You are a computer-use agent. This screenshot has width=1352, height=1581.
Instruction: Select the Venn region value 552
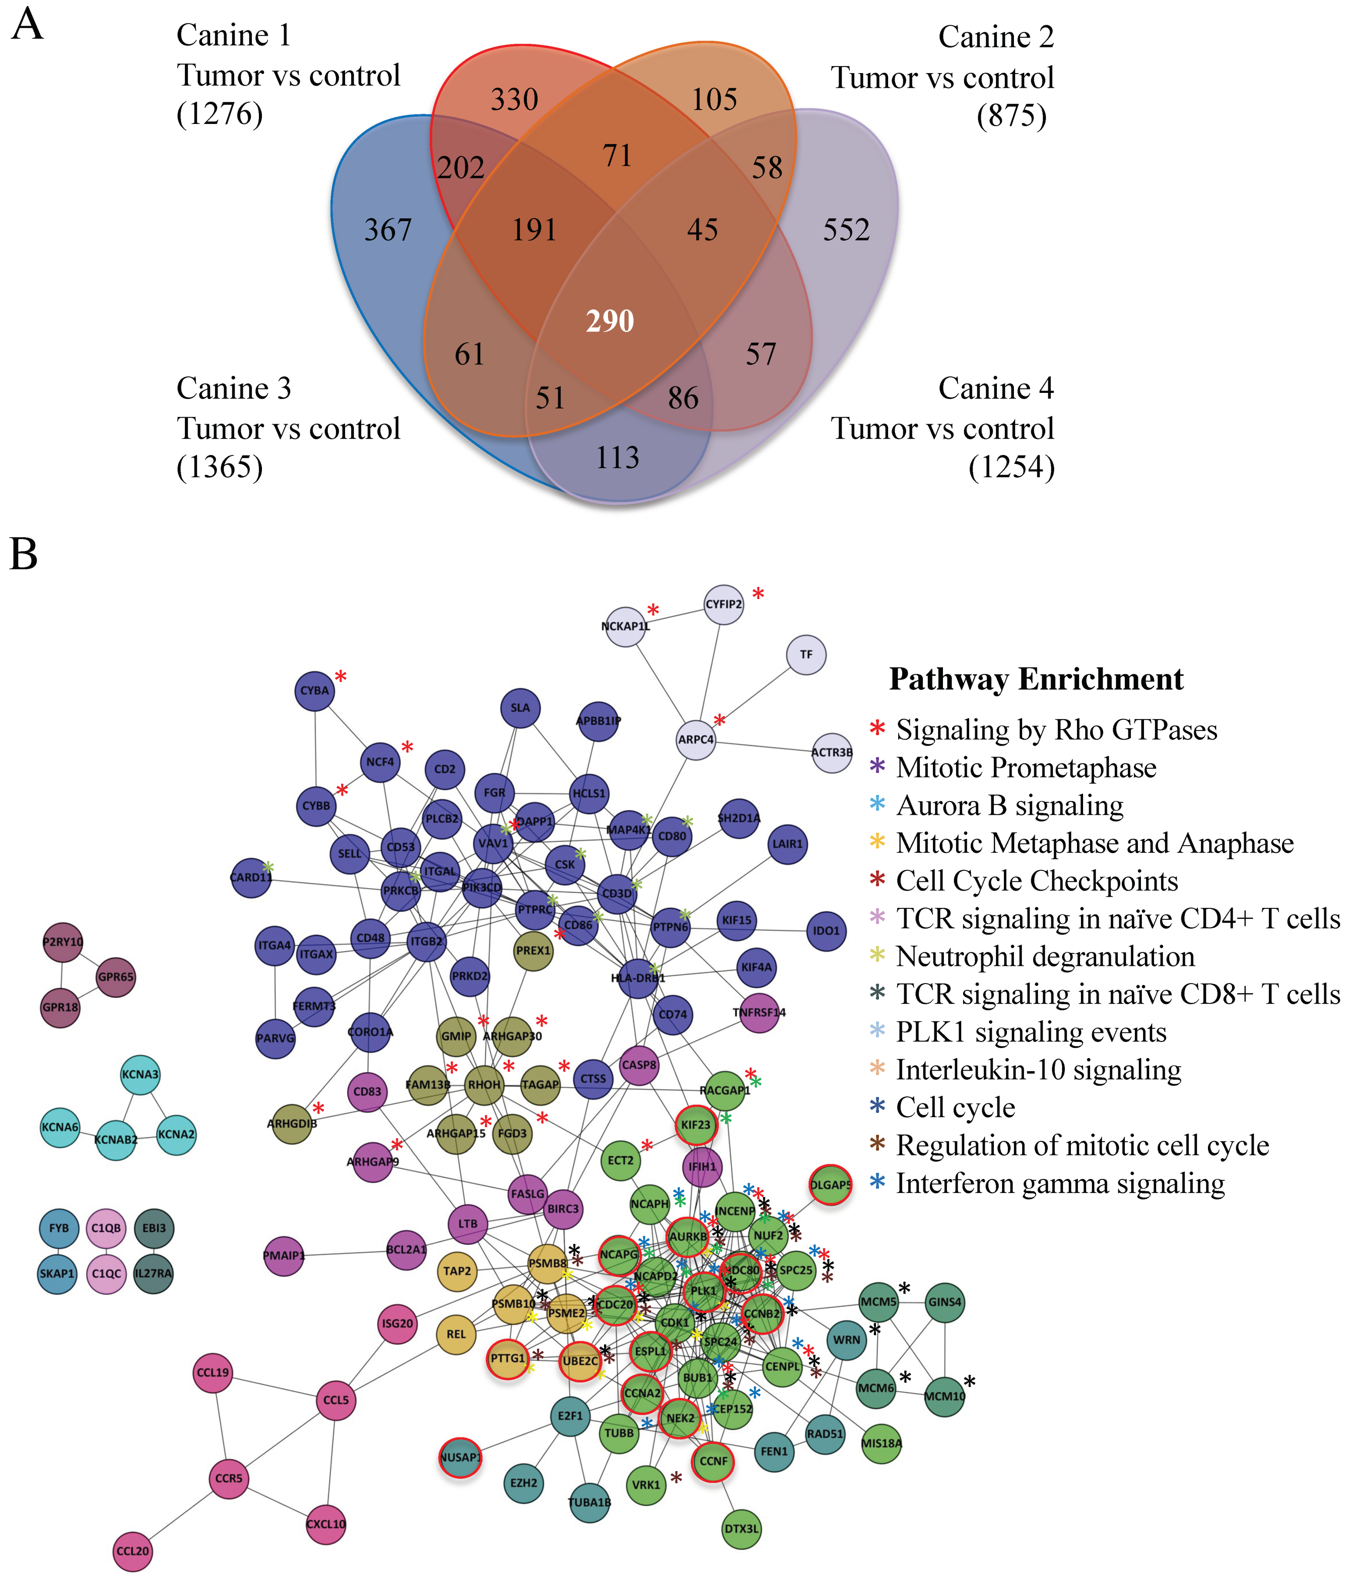[846, 230]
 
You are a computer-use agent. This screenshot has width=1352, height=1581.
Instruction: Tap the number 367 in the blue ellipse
[388, 230]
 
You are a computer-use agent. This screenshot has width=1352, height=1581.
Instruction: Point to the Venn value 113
[617, 457]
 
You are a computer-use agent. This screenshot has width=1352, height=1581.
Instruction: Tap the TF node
[806, 655]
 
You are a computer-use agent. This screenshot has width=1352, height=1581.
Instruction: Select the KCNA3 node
[141, 1074]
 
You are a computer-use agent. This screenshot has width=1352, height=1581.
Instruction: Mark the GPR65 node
[116, 977]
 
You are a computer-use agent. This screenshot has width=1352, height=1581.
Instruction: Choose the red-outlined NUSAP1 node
[460, 1457]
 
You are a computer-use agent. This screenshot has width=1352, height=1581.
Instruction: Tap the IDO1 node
[826, 931]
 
